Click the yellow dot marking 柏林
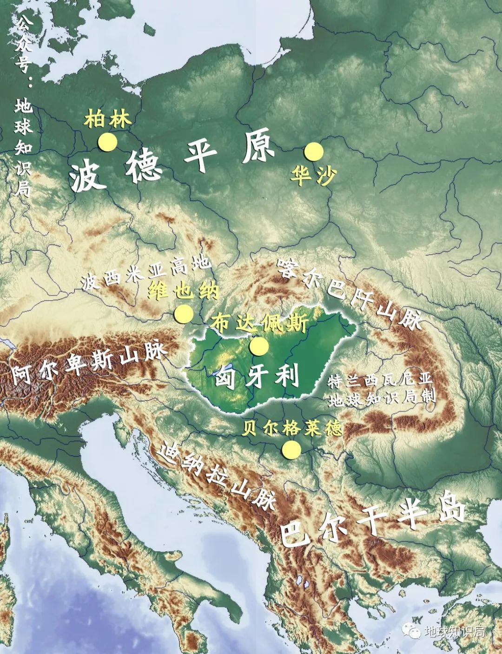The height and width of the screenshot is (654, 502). (107, 142)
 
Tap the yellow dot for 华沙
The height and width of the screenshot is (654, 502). (314, 151)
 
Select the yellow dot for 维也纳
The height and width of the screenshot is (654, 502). (184, 314)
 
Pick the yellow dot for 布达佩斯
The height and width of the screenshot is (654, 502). (258, 346)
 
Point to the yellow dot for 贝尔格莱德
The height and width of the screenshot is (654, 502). (291, 449)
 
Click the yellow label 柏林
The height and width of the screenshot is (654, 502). (107, 119)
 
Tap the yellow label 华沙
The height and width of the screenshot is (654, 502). (313, 175)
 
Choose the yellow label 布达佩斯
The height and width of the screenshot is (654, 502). (259, 323)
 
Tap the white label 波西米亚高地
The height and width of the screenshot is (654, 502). (145, 274)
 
